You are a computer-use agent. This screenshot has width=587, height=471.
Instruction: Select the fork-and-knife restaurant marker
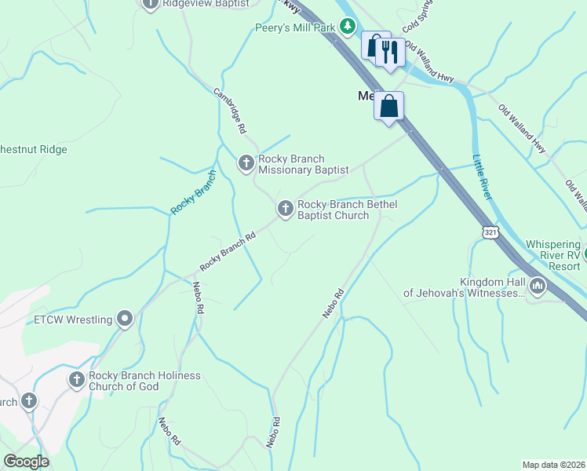click(389, 53)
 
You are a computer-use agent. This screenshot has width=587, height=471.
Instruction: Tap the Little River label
click(481, 177)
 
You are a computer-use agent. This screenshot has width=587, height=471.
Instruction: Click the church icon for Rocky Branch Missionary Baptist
click(246, 163)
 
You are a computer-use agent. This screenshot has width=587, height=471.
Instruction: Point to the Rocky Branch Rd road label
click(228, 251)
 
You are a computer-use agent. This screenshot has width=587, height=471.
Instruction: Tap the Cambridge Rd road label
click(230, 108)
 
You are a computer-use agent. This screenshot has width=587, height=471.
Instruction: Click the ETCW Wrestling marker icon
click(124, 319)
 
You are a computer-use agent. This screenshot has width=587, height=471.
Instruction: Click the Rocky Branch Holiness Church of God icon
click(77, 381)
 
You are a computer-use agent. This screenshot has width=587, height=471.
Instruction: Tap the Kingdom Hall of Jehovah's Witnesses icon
click(538, 287)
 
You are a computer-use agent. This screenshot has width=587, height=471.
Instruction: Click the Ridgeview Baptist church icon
click(151, 4)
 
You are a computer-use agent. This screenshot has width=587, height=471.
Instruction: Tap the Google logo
click(26, 462)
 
